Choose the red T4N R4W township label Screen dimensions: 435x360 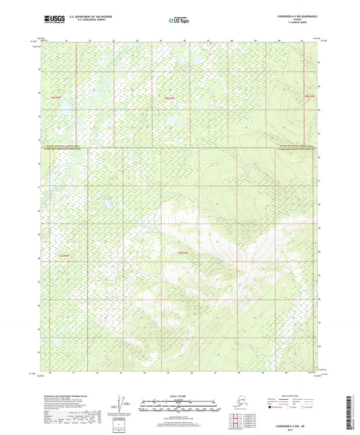click(x=182, y=253)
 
